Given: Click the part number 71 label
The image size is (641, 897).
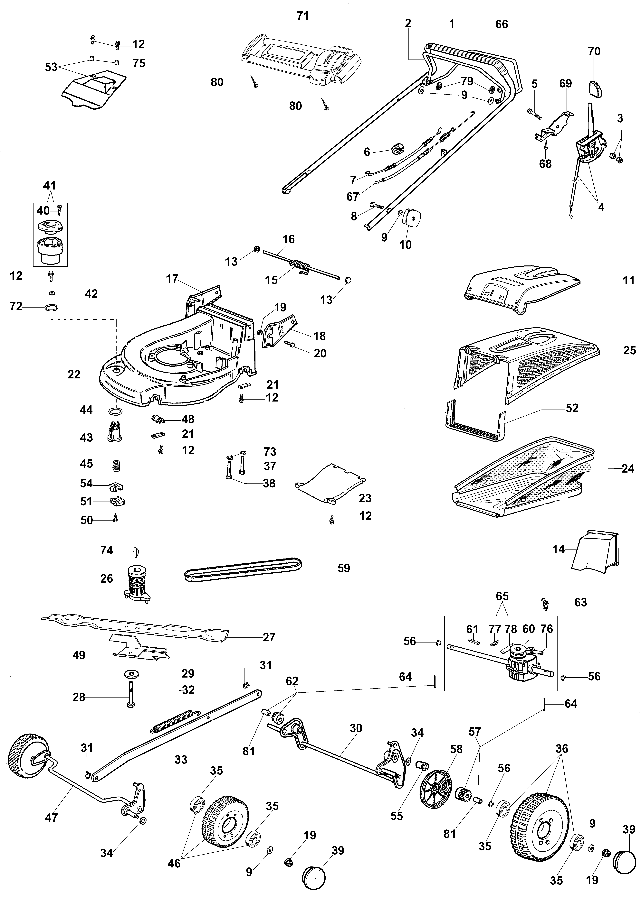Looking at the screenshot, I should pyautogui.click(x=303, y=16).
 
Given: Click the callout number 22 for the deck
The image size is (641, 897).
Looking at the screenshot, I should pyautogui.click(x=74, y=374).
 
